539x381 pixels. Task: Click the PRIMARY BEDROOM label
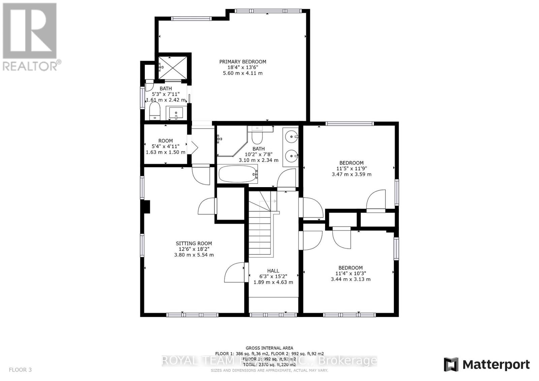[243, 62]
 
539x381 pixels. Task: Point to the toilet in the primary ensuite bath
[155, 110]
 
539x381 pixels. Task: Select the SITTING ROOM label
[194, 243]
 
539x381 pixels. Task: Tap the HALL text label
[273, 271]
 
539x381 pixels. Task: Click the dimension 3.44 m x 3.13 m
[351, 279]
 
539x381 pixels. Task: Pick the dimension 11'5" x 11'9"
[351, 169]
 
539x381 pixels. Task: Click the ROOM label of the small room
[165, 141]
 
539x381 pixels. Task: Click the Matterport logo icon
[451, 365]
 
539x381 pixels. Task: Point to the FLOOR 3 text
[20, 370]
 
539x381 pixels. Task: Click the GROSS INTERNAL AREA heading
[269, 348]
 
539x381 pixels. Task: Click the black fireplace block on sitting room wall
[147, 207]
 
